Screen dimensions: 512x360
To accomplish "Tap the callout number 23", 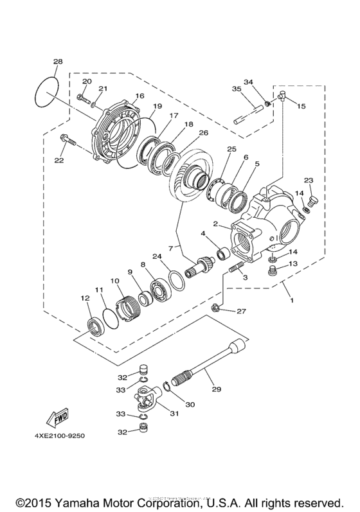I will click(308, 180).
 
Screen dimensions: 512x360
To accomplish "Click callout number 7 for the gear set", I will click(172, 247).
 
